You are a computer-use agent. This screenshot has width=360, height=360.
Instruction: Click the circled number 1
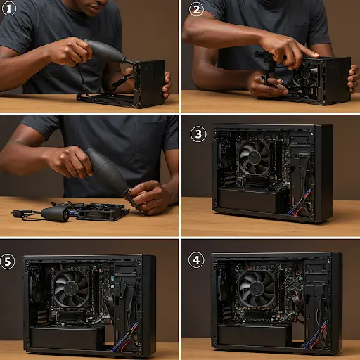click(9, 9)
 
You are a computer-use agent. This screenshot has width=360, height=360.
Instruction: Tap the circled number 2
click(196, 9)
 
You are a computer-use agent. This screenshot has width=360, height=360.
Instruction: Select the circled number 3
click(198, 134)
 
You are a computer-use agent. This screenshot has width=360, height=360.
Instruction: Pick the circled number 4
click(196, 260)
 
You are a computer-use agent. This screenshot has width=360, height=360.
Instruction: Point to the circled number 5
click(8, 262)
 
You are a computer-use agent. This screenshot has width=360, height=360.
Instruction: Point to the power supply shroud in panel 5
click(67, 337)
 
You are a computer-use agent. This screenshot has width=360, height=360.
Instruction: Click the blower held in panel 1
click(108, 52)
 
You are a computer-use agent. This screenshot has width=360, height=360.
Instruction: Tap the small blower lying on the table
click(56, 214)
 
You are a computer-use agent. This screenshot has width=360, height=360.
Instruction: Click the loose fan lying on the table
click(103, 212)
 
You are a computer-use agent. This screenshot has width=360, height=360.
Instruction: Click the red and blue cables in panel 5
click(124, 337)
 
